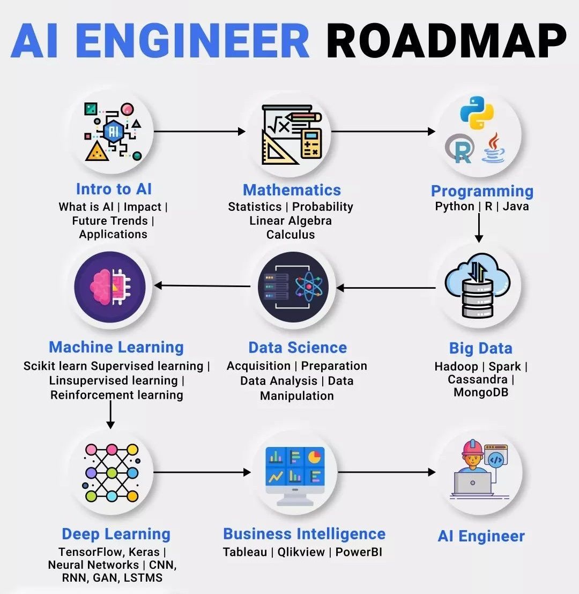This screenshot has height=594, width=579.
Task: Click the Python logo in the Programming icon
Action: pos(477,113)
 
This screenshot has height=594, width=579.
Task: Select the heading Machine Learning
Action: pos(116,347)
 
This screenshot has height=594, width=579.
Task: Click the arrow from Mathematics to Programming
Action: pos(384,131)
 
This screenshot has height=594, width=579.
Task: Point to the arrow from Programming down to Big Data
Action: pos(479,228)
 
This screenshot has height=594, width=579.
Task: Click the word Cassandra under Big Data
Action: pos(477,379)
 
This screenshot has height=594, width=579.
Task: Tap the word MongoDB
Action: pos(481,392)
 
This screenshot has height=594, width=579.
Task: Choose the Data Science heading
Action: pos(298,347)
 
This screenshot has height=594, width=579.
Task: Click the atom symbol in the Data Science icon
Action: pos(308,287)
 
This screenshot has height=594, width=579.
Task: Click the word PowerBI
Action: pos(359,552)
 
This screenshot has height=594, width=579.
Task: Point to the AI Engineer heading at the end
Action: pos(481,536)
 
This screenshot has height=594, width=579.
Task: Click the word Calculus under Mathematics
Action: pos(291,234)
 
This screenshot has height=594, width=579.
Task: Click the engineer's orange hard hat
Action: pos(472,448)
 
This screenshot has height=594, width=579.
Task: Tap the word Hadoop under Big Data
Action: pos(456,366)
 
